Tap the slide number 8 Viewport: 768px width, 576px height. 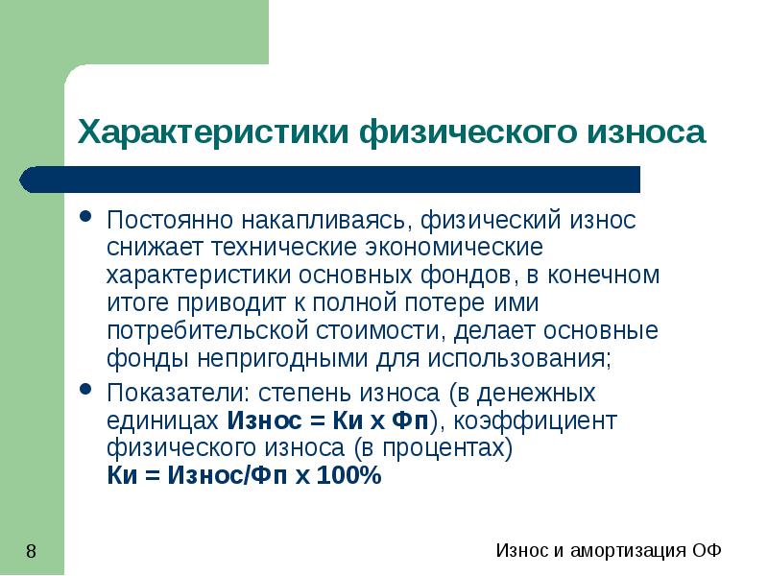32,551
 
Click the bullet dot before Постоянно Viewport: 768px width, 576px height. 85,218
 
